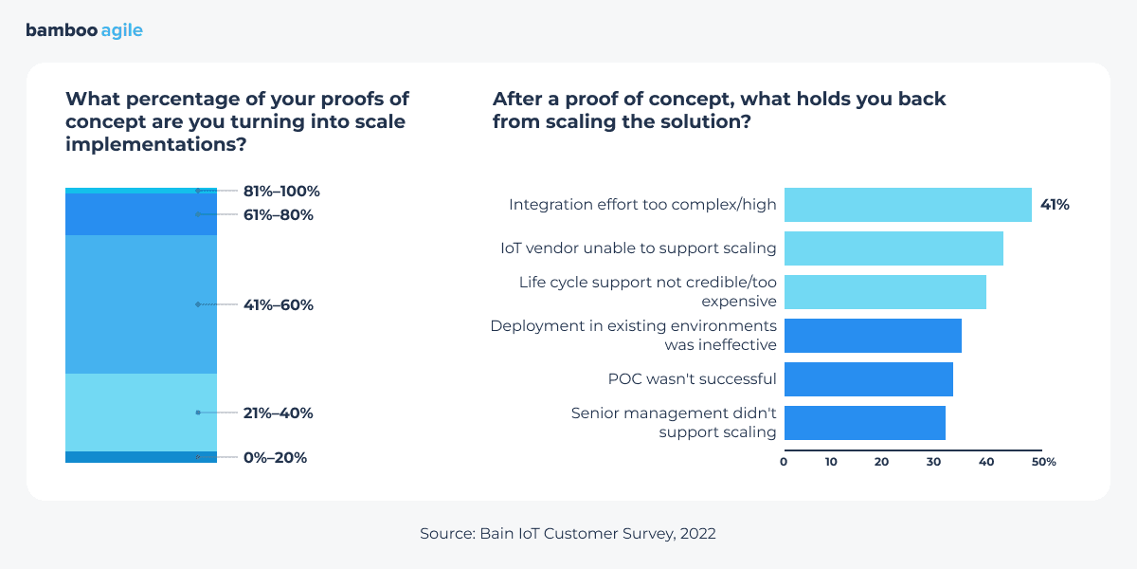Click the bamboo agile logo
pos(84,31)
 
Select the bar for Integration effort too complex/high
pos(907,205)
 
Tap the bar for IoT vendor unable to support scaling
pos(893,248)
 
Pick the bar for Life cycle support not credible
pos(884,292)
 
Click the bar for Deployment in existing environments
pos(872,336)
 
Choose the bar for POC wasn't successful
pos(868,379)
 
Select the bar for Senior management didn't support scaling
pos(864,423)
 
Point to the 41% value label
pos(1055,205)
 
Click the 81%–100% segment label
pos(281,192)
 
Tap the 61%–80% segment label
pos(278,215)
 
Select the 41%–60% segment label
pos(278,305)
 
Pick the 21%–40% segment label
pos(278,413)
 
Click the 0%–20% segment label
pos(275,458)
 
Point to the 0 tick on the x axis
pos(784,462)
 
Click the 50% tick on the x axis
pos(1043,462)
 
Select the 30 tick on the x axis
pos(934,462)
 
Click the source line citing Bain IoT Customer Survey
pos(568,534)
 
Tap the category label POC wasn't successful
pos(692,379)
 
